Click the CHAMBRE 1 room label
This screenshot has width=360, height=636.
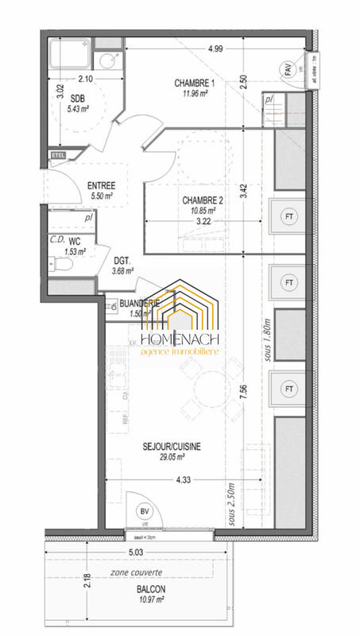[x=195, y=83]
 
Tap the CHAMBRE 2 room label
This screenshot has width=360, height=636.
[x=203, y=200]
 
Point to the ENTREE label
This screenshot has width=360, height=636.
[x=100, y=185]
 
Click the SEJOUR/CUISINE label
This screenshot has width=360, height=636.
[x=172, y=447]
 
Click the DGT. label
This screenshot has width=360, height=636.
[x=122, y=260]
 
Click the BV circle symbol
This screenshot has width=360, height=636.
[x=145, y=512]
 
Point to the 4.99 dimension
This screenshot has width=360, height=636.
[x=215, y=48]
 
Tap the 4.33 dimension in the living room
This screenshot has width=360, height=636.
[x=184, y=479]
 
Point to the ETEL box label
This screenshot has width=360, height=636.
[x=57, y=154]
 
